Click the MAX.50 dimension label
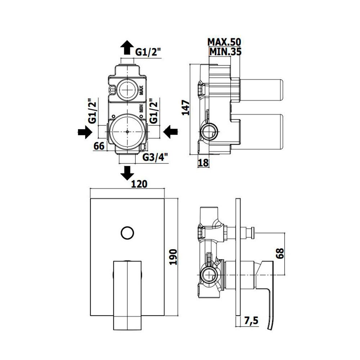click(x=224, y=42)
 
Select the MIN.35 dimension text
click(x=225, y=51)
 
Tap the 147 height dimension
click(x=185, y=108)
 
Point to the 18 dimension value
click(x=203, y=163)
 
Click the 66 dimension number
click(x=99, y=146)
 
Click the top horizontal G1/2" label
click(x=148, y=52)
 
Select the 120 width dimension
click(x=139, y=184)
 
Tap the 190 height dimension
click(x=173, y=257)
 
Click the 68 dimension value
click(x=280, y=253)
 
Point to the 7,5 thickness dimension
click(x=251, y=321)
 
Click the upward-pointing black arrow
click(x=127, y=47)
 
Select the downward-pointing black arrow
click(x=127, y=173)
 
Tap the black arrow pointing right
click(x=85, y=132)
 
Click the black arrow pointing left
click(x=170, y=132)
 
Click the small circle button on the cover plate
click(x=127, y=233)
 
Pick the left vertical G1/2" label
click(x=92, y=111)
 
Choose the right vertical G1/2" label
click(x=154, y=111)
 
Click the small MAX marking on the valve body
click(x=141, y=90)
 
